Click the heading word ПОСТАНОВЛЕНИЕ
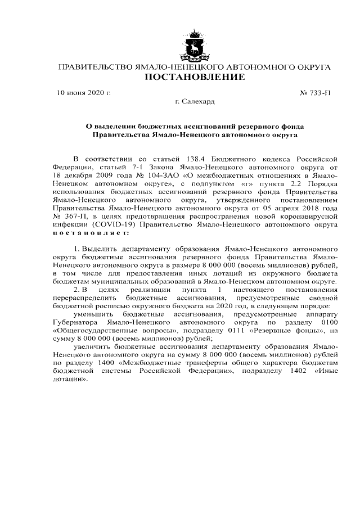coord(195,77)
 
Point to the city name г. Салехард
coord(195,102)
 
